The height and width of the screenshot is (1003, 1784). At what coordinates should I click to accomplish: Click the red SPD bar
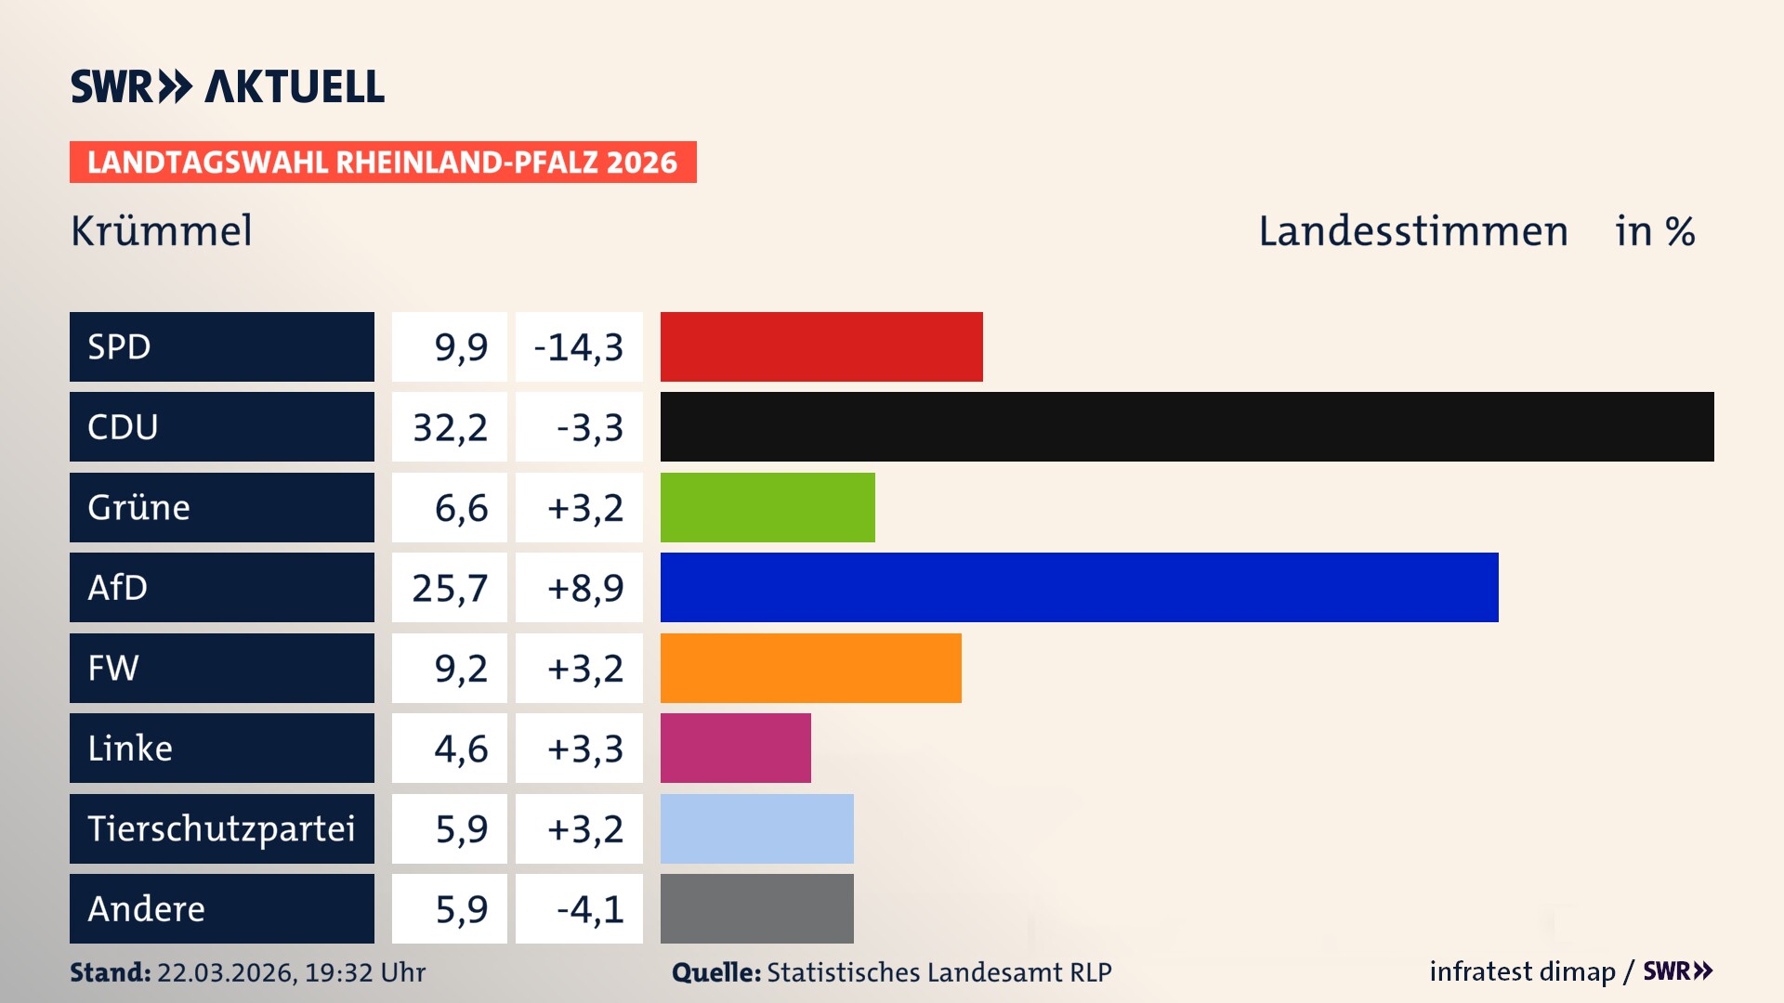tap(821, 346)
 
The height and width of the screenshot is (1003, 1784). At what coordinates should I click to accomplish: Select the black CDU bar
tap(1187, 427)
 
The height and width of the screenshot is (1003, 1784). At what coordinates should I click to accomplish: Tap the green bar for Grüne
tap(767, 507)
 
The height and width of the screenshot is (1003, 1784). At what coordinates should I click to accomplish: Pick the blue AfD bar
tap(1079, 587)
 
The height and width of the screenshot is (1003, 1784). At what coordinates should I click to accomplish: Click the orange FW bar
tap(810, 668)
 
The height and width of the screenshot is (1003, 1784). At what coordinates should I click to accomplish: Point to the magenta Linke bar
tap(735, 748)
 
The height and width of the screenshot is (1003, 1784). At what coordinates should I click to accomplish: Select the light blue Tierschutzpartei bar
tap(756, 828)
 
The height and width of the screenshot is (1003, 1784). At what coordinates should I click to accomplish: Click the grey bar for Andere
tap(756, 908)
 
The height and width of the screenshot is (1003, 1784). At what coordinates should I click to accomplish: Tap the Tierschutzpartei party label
tap(221, 828)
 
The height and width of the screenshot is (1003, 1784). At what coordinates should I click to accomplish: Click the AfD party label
tap(221, 587)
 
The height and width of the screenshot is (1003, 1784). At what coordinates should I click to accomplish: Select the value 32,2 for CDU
tap(450, 427)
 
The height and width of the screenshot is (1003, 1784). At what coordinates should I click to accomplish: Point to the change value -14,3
tap(579, 346)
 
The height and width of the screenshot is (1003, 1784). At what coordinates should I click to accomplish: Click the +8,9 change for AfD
tap(584, 587)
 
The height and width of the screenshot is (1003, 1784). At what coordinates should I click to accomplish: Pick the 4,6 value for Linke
tap(461, 748)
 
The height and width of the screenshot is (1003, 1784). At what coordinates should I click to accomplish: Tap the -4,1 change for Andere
tap(589, 908)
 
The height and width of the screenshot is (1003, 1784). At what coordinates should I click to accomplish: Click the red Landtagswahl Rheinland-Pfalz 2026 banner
tap(383, 162)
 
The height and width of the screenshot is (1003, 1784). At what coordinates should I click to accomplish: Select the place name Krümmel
tap(162, 230)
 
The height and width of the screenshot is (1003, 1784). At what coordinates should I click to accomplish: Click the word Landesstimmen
tap(1412, 230)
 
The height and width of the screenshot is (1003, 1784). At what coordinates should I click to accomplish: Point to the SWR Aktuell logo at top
tap(228, 86)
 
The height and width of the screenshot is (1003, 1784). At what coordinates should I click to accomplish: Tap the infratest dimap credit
tap(1522, 971)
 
